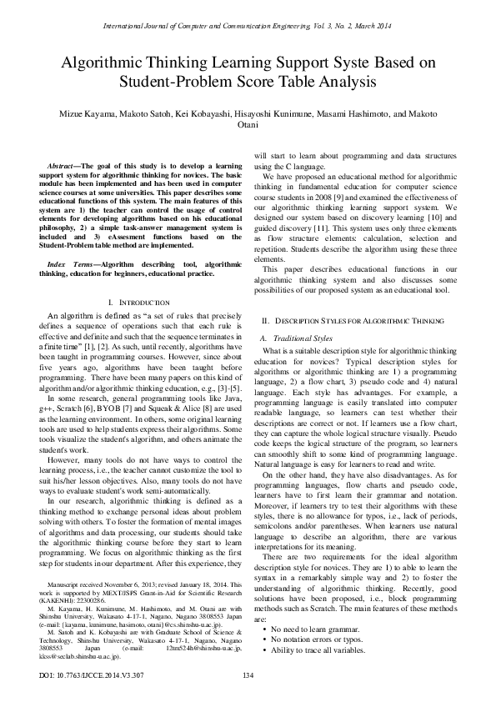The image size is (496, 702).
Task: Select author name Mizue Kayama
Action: (80, 113)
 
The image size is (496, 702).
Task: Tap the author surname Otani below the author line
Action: (248, 125)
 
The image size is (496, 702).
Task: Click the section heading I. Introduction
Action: (139, 301)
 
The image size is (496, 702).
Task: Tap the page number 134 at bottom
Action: (248, 674)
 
